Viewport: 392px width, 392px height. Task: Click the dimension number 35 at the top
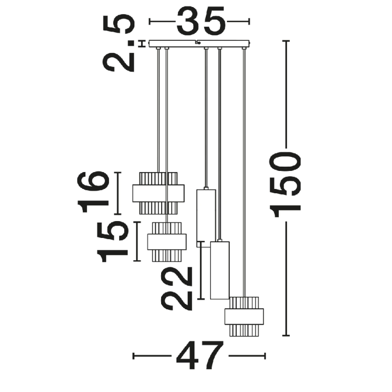coord(201,21)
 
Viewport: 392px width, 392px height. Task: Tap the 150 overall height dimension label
coord(285,185)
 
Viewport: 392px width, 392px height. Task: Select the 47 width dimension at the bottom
coord(200,356)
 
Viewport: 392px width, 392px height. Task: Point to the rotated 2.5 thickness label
coord(119,43)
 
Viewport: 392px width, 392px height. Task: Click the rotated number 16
coord(93,192)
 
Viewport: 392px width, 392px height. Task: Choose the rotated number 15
coord(112,242)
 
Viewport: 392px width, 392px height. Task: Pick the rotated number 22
coord(177,289)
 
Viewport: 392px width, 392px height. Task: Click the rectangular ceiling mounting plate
coord(199,44)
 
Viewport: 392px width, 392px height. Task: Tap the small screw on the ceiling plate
coord(199,43)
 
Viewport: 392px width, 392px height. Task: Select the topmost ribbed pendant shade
coord(158,193)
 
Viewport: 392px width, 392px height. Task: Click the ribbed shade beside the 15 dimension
coord(167,242)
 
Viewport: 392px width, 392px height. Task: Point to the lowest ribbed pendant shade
coord(244,316)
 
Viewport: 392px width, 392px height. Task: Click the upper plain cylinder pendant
coord(206,218)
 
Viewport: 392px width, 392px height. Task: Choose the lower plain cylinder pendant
coord(220,270)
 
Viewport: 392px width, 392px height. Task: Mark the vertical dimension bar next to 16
coord(118,193)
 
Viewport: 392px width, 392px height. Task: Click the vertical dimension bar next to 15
coord(137,242)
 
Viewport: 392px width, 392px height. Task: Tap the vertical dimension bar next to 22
coord(201,270)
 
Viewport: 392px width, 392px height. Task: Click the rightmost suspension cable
coord(244,172)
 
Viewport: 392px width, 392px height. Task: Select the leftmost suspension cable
coord(158,109)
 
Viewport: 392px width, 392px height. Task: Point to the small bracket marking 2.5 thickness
coord(142,44)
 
